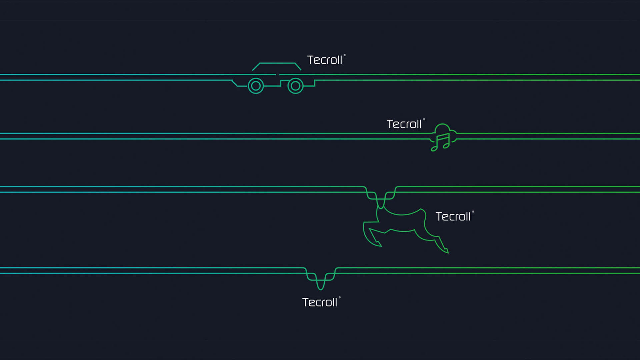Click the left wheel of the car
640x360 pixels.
(256, 86)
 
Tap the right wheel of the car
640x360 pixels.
(295, 86)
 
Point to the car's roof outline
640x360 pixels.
(277, 63)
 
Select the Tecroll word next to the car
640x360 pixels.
(325, 60)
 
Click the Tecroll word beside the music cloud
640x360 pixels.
(404, 124)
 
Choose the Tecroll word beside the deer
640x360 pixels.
(453, 217)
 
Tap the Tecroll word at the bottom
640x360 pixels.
(320, 302)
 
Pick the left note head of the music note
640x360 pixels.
(434, 149)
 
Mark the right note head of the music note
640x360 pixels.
(446, 146)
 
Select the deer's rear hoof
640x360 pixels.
(446, 250)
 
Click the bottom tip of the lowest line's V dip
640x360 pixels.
(321, 289)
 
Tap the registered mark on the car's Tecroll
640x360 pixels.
(345, 55)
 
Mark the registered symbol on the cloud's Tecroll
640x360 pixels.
(424, 119)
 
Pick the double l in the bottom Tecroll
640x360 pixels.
(335, 302)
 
